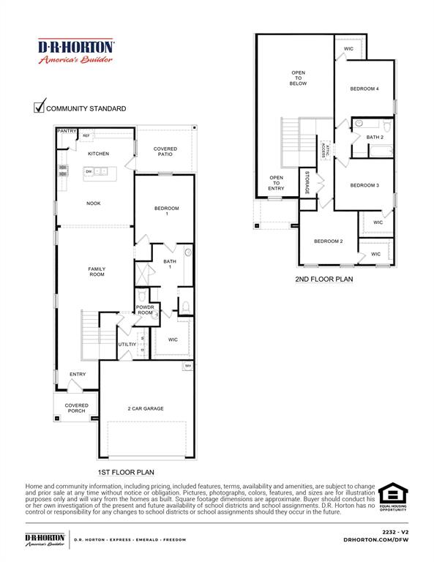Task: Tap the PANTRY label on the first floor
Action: point(67,131)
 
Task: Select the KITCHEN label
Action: point(99,154)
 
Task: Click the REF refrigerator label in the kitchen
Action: point(86,135)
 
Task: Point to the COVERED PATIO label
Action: point(165,151)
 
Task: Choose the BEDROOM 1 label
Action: point(166,211)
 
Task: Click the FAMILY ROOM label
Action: point(97,271)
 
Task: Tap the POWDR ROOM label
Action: point(146,310)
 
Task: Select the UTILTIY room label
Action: point(128,343)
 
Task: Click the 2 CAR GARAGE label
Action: point(146,408)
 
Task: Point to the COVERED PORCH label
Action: point(76,408)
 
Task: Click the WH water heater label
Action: point(188,366)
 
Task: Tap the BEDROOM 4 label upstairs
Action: point(364,89)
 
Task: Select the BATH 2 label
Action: point(375,137)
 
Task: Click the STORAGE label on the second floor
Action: point(307,183)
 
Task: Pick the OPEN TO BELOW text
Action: point(299,78)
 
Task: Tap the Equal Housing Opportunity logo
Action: point(394,496)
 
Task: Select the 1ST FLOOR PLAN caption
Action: point(126,472)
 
